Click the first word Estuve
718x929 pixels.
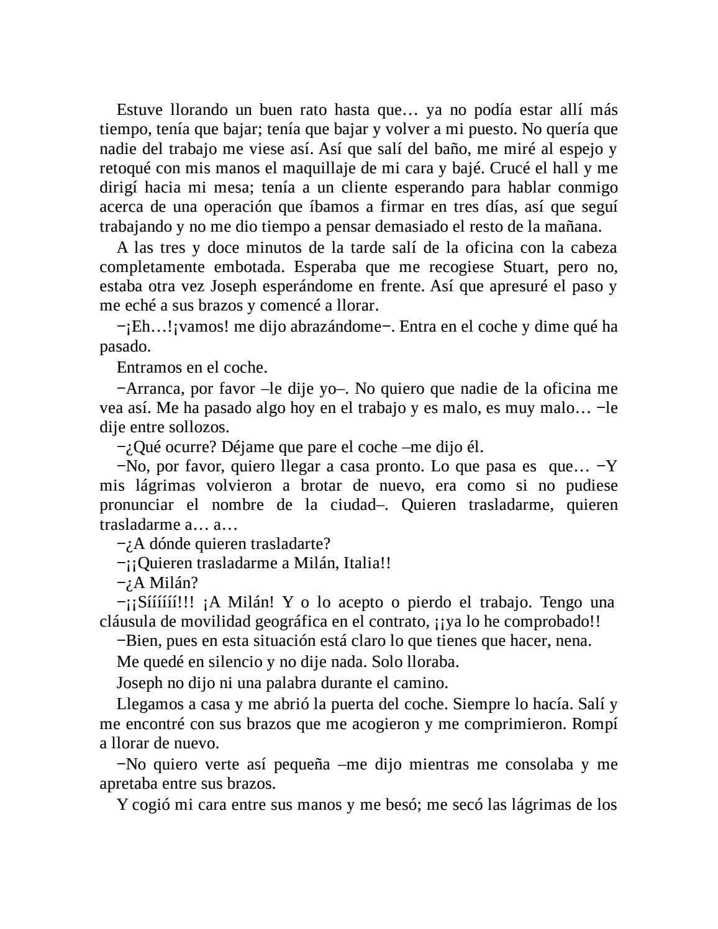click(140, 111)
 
